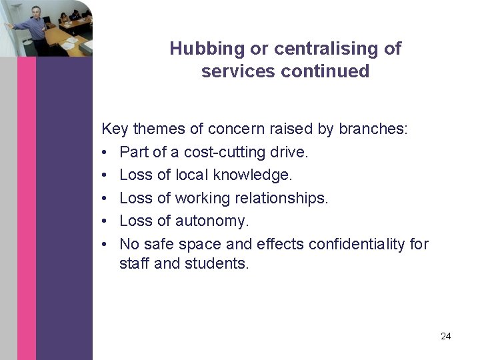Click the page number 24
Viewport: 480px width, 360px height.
[446, 336]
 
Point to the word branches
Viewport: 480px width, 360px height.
[373, 129]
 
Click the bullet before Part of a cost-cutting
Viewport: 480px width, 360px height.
[105, 152]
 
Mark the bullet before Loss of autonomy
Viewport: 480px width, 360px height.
[105, 221]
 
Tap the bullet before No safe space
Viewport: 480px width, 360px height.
[105, 244]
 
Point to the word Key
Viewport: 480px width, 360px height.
[113, 129]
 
